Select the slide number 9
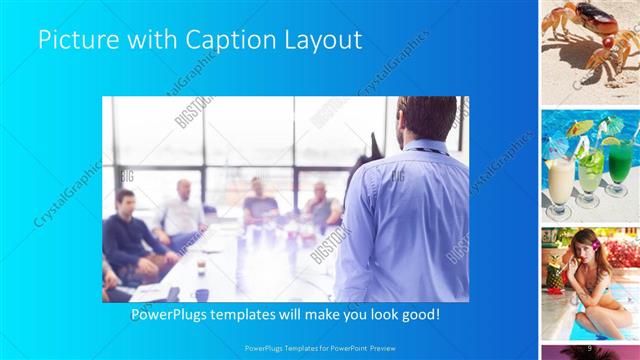(591, 346)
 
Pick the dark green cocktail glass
(620, 163)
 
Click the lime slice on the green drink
(612, 141)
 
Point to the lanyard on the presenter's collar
(424, 151)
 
